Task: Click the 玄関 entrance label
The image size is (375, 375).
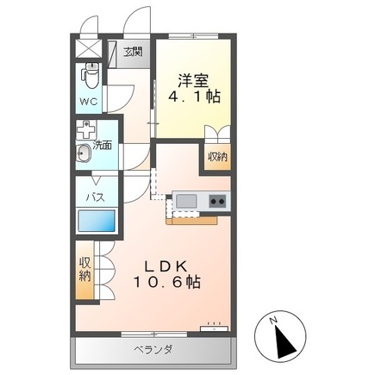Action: pos(132,53)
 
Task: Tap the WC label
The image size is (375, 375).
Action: pos(90,102)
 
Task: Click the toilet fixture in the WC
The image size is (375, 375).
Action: pos(90,75)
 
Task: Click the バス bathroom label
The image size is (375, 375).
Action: pos(94,197)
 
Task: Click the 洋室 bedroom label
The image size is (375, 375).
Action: pos(193,79)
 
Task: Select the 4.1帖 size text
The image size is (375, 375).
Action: pos(193,98)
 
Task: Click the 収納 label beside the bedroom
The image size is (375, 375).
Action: pos(217,157)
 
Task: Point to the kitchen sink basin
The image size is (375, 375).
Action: pos(185,202)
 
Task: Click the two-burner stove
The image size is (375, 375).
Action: pos(217,202)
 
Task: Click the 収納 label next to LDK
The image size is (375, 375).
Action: pos(85,269)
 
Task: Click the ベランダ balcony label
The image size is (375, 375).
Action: pos(153,350)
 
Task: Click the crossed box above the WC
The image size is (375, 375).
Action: pos(87,47)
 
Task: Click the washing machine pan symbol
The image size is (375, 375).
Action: pos(84,131)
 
